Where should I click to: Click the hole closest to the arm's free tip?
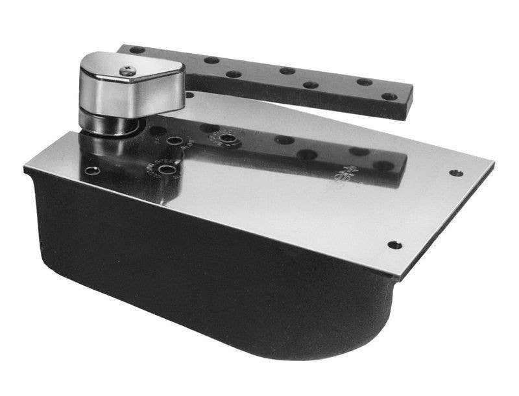(388, 97)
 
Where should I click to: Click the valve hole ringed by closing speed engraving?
(168, 170)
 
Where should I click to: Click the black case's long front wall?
(195, 272)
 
